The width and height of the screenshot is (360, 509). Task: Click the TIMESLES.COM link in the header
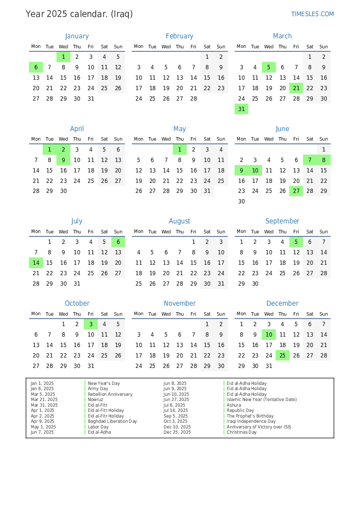(312, 14)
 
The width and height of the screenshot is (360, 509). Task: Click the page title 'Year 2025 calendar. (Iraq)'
(79, 14)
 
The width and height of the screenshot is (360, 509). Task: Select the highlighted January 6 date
(36, 67)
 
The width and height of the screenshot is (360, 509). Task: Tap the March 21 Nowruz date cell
(296, 88)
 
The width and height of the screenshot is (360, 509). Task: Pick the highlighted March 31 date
(241, 109)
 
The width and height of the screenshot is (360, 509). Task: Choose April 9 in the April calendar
(64, 160)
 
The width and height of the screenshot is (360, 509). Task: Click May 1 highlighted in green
(179, 149)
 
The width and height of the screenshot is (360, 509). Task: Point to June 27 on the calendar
(296, 191)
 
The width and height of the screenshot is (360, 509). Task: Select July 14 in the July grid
(36, 263)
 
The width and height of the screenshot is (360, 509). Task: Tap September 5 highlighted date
(296, 242)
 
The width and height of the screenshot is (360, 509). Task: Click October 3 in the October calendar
(91, 324)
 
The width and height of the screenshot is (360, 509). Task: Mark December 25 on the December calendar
(283, 355)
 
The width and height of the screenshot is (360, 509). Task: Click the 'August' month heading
(179, 221)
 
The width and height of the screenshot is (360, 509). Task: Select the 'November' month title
(179, 303)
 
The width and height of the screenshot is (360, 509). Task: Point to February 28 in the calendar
(193, 98)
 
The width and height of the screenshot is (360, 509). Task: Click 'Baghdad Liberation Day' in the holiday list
(112, 421)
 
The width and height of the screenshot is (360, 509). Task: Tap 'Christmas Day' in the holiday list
(242, 432)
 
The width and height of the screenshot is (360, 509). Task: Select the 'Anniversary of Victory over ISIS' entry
(259, 427)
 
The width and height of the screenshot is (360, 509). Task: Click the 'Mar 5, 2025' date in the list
(43, 394)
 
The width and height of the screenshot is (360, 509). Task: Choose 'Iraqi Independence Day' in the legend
(251, 421)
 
